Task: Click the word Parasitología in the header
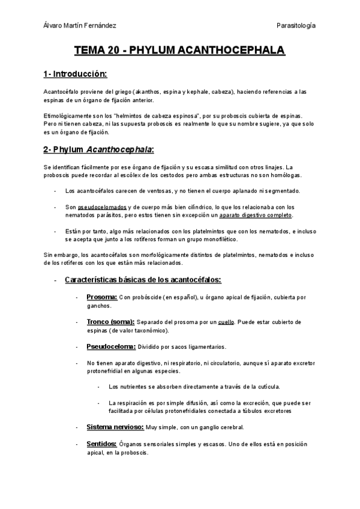(296, 25)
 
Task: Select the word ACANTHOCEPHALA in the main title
(233, 52)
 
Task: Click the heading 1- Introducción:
(74, 74)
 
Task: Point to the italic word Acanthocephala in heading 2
(119, 148)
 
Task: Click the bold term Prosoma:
(101, 297)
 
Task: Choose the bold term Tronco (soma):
(111, 322)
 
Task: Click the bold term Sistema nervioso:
(115, 427)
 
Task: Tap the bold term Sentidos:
(102, 444)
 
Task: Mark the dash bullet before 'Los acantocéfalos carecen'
(55, 191)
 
